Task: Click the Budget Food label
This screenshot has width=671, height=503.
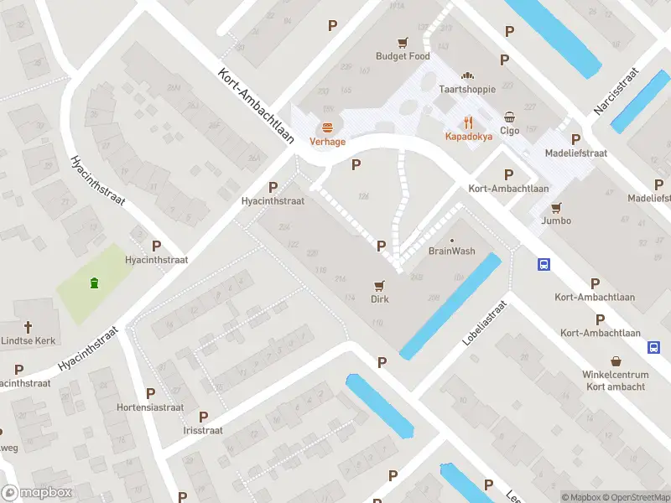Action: click(403, 56)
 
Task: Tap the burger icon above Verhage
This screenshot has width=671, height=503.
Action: click(327, 127)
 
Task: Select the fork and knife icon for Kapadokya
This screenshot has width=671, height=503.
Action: click(468, 122)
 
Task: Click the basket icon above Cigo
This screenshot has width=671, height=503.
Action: click(510, 117)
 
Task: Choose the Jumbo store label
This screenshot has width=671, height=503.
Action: click(556, 220)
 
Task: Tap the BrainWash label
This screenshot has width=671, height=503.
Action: click(452, 251)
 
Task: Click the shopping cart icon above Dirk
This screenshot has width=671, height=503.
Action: click(380, 285)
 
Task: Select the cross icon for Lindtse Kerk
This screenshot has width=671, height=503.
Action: click(27, 327)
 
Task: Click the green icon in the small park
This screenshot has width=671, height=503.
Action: click(94, 283)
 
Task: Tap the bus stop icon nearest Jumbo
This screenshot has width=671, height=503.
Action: click(544, 264)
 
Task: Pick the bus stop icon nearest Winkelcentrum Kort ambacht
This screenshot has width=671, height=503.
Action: click(653, 347)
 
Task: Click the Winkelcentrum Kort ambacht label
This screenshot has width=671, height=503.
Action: click(616, 381)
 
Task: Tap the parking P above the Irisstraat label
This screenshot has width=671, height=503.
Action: click(203, 417)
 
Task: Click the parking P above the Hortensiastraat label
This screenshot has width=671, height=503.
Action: click(151, 393)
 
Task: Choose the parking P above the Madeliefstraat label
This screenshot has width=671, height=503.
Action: click(575, 139)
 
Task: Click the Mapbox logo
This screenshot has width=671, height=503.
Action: click(37, 493)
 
